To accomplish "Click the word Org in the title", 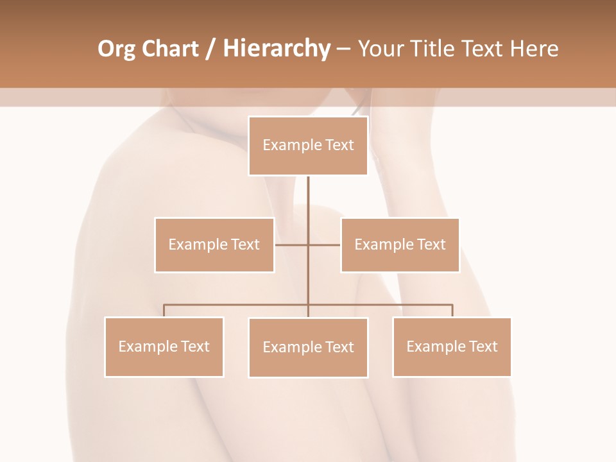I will [x=116, y=49].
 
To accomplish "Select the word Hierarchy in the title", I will [x=276, y=49].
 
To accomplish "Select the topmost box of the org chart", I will [x=308, y=146].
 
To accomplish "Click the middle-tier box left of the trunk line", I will [x=214, y=245].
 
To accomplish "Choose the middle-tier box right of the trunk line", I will [x=400, y=245].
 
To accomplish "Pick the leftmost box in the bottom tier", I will [x=164, y=347].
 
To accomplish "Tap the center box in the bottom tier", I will [x=308, y=347].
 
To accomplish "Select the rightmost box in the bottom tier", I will [x=452, y=347].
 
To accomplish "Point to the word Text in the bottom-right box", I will [x=483, y=347].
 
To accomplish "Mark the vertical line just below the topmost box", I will [x=308, y=193].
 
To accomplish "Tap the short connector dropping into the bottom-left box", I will [x=164, y=311].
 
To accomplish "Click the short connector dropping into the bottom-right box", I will [x=452, y=311].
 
